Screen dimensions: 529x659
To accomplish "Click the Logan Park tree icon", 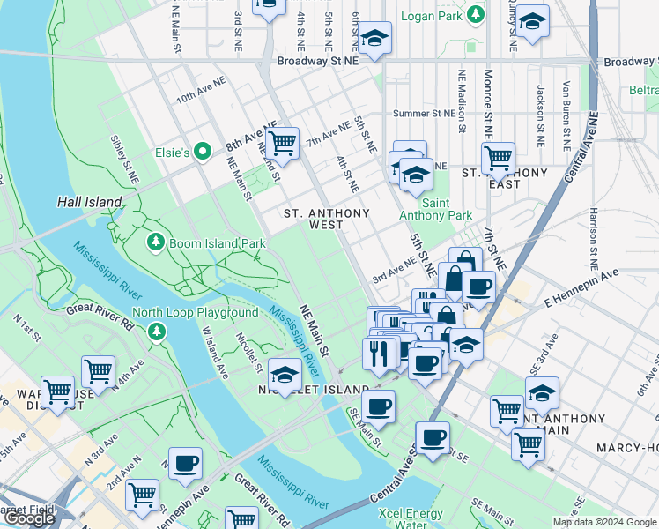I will (476, 15).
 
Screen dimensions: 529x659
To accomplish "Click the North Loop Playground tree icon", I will (156, 331).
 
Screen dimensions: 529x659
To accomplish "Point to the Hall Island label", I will (89, 202).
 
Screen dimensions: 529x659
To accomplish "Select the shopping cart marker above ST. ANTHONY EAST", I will (498, 157).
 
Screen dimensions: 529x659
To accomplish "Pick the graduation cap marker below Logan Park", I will (374, 38).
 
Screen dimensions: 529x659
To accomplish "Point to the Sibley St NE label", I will (124, 159).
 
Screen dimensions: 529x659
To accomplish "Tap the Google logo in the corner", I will (29, 518).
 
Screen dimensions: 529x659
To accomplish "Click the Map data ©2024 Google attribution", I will (604, 522).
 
